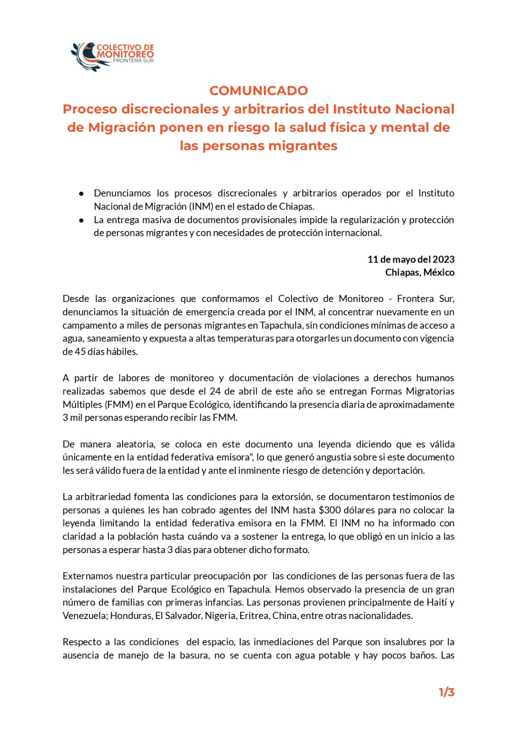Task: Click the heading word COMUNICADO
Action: point(259,91)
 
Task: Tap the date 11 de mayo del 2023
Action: point(410,259)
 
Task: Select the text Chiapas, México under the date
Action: point(419,273)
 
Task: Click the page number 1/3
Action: point(446,692)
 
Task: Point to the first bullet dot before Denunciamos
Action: point(81,194)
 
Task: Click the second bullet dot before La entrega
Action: point(81,220)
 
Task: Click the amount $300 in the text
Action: point(329,510)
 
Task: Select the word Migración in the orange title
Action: point(121,127)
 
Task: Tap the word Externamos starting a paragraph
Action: point(87,576)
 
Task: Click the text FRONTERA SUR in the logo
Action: point(133,60)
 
